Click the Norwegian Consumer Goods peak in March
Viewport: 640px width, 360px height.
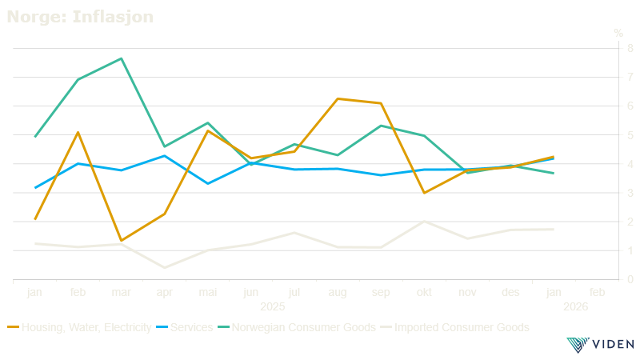121,58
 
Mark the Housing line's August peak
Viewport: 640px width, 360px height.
338,99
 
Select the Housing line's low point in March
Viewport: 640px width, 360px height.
121,240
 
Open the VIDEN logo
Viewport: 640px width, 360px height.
600,345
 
